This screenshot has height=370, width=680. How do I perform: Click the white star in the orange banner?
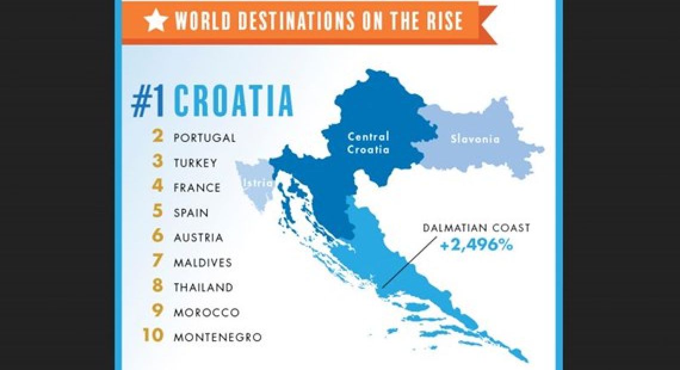pyautogui.click(x=156, y=21)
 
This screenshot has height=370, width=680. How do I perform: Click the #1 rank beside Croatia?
pyautogui.click(x=150, y=101)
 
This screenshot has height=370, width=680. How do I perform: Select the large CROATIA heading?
pyautogui.click(x=233, y=101)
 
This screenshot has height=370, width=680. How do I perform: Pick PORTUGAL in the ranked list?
pyautogui.click(x=205, y=138)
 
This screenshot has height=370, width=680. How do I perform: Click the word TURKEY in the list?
pyautogui.click(x=196, y=163)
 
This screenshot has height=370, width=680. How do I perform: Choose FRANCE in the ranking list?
pyautogui.click(x=197, y=187)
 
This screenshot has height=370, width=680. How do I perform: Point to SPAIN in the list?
pyautogui.click(x=191, y=212)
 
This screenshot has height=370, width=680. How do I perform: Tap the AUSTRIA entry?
pyautogui.click(x=199, y=238)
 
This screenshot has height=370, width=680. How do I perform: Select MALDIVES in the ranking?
pyautogui.click(x=203, y=263)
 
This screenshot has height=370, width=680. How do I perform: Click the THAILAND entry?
pyautogui.click(x=203, y=287)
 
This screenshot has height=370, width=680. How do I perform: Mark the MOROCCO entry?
pyautogui.click(x=206, y=312)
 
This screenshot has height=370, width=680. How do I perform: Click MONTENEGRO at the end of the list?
pyautogui.click(x=218, y=337)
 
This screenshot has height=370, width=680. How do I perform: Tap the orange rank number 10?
pyautogui.click(x=153, y=337)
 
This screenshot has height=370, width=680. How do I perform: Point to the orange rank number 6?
pyautogui.click(x=157, y=237)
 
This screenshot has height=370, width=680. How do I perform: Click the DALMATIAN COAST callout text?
pyautogui.click(x=476, y=228)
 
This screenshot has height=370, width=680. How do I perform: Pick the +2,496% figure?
pyautogui.click(x=476, y=245)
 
